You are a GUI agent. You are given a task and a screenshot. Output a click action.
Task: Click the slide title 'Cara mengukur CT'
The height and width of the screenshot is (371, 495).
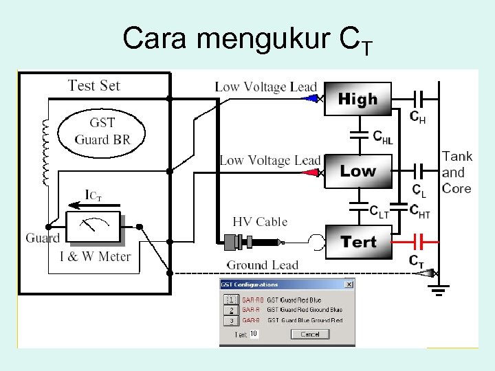coord(247,39)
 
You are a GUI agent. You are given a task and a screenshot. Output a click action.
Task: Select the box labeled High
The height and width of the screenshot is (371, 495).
coord(357,100)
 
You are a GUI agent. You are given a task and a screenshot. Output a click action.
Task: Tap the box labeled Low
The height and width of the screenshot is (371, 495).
coord(357,171)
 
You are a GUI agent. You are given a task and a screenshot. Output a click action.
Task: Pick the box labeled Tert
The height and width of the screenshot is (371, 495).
coord(358,242)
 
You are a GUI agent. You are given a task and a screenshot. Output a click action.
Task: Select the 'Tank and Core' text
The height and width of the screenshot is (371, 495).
coord(457,172)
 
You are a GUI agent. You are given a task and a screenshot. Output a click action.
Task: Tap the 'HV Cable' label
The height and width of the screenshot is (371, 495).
coord(260,221)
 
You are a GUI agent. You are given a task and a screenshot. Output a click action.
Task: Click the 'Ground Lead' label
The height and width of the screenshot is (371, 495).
coord(263,265)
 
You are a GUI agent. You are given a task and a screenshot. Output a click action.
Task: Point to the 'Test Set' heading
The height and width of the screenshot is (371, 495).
coord(94,86)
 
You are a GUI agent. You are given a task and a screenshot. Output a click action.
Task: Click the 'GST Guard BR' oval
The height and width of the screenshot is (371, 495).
coord(102,132)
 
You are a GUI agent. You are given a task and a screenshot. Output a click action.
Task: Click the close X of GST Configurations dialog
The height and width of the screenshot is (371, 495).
coord(349,284)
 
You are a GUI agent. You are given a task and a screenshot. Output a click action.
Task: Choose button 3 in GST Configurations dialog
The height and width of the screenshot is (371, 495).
coord(232,320)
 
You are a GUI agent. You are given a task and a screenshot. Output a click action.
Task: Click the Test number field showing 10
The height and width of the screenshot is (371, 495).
coord(254,334)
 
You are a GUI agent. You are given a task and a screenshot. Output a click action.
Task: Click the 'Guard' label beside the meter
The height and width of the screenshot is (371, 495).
coord(42,238)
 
